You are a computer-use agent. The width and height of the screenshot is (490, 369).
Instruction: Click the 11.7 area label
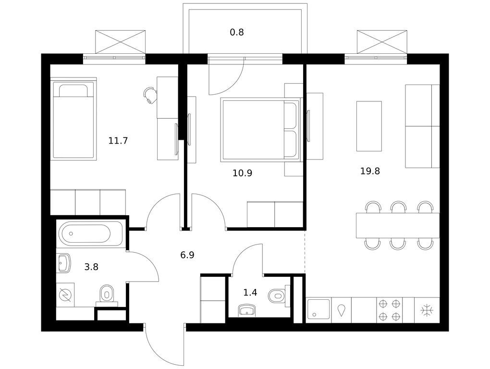click(x=118, y=141)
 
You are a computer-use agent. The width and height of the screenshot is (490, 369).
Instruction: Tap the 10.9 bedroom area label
click(x=242, y=173)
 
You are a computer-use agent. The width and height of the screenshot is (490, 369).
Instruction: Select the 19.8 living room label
click(x=370, y=171)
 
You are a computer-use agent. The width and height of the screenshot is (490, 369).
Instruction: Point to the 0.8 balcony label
click(x=237, y=32)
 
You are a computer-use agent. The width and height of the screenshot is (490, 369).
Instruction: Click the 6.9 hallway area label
click(x=187, y=255)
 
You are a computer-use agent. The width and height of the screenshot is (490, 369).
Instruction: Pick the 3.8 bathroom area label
click(x=91, y=267)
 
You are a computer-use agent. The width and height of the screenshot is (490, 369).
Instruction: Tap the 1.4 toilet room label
click(x=250, y=293)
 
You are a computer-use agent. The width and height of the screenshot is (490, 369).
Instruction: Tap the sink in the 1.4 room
click(x=247, y=310)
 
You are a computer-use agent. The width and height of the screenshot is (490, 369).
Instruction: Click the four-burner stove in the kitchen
click(x=390, y=310)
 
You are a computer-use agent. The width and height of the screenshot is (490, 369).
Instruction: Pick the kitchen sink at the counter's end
click(x=319, y=309)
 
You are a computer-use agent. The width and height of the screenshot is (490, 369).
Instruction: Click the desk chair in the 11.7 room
click(x=150, y=95)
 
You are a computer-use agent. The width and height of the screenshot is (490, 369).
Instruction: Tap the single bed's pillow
click(x=73, y=91)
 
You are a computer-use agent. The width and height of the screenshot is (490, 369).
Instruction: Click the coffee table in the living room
click(x=369, y=126)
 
